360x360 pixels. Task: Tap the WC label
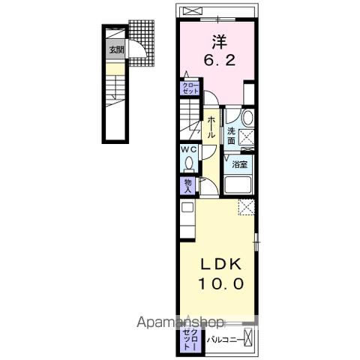187,149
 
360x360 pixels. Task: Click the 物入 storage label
188,184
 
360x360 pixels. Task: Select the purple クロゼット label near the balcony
188,339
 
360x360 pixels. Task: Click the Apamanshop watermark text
180,322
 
